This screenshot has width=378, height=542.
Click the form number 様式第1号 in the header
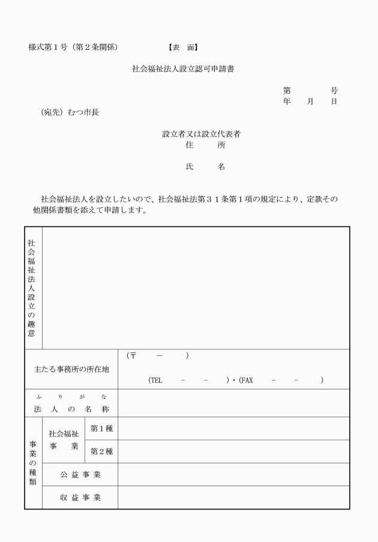pos(51,47)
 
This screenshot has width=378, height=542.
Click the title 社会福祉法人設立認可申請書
pos(183,69)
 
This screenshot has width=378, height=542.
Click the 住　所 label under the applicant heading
pos(205,145)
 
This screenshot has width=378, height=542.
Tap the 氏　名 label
pos(205,167)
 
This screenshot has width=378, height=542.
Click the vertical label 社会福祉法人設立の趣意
pos(31,288)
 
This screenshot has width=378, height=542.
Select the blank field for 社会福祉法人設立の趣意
pos(195,288)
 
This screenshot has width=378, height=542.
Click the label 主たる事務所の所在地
pos(71,369)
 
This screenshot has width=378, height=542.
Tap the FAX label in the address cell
pos(246,380)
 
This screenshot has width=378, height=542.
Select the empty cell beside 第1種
pos(233,429)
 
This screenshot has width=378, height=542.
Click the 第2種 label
pos(101,451)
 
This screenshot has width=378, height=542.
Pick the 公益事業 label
pos(80,475)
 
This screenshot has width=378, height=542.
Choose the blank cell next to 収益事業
pos(233,498)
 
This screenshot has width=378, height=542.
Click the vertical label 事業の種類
pos(33,463)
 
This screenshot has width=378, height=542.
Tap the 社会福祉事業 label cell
pos(64,440)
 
